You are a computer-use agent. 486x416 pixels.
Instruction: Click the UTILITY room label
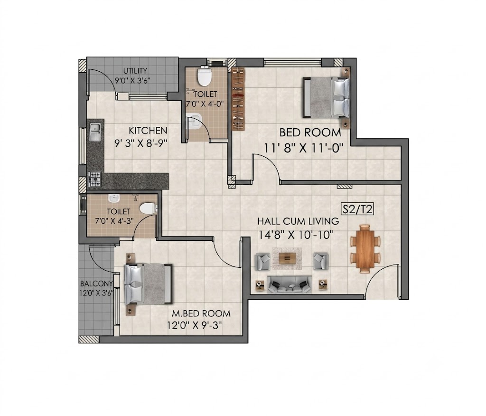click(x=135, y=71)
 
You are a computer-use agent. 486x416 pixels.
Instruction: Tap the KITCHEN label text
click(x=148, y=131)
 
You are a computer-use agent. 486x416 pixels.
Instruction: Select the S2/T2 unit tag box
click(x=357, y=209)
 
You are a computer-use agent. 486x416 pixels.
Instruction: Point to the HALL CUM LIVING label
click(x=298, y=221)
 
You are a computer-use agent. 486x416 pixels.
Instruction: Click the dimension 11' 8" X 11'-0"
click(x=304, y=148)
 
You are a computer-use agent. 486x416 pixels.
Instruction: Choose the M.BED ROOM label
click(x=201, y=313)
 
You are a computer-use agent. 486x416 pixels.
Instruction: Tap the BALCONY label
click(x=96, y=284)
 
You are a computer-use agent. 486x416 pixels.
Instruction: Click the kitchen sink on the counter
click(x=95, y=132)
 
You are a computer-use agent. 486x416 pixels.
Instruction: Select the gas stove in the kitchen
click(x=94, y=180)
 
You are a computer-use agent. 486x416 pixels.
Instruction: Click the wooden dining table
click(x=365, y=248)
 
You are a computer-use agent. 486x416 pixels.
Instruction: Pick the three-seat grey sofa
click(x=289, y=284)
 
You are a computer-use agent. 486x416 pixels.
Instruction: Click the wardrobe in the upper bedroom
click(x=238, y=99)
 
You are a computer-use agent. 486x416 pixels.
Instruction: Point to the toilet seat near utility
click(x=205, y=76)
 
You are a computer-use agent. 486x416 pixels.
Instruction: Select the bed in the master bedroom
click(x=148, y=284)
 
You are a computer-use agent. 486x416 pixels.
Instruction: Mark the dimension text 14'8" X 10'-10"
click(x=296, y=235)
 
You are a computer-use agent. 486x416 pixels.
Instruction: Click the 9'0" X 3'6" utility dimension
click(x=133, y=81)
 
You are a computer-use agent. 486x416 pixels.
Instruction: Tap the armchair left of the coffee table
click(x=262, y=261)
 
